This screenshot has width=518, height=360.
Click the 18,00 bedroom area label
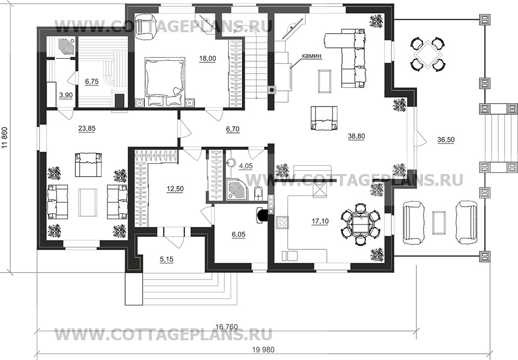pos(207,59)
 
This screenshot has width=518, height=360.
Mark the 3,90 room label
pos(66,95)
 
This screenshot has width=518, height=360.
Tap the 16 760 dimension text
pos(226,326)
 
